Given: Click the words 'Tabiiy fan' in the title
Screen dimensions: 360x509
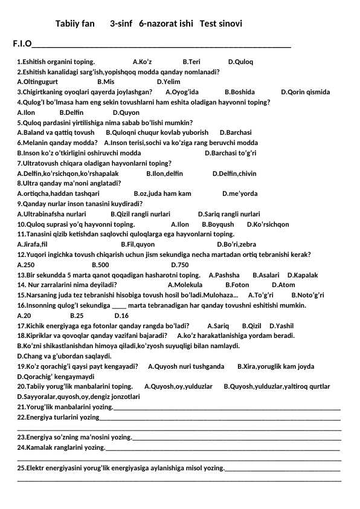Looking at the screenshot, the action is (75, 24).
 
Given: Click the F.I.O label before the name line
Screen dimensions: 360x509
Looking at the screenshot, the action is (22, 44).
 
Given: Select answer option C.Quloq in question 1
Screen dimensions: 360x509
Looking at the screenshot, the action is (240, 62).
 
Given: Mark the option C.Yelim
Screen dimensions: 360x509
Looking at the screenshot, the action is (169, 81).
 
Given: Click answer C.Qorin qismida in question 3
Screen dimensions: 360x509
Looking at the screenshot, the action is (306, 92).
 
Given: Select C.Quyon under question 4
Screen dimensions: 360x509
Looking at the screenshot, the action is (126, 112).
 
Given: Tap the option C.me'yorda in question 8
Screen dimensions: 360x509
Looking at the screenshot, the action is (240, 193).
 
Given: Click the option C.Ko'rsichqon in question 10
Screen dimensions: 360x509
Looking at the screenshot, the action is (268, 224).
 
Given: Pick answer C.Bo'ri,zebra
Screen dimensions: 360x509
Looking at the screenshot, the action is (236, 244).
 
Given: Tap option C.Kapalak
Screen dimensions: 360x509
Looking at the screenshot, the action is (303, 275).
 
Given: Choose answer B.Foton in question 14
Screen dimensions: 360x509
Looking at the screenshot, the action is (237, 285).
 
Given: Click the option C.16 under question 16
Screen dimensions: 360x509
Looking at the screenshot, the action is (121, 315).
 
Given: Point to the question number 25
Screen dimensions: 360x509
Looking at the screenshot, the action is (22, 467).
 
